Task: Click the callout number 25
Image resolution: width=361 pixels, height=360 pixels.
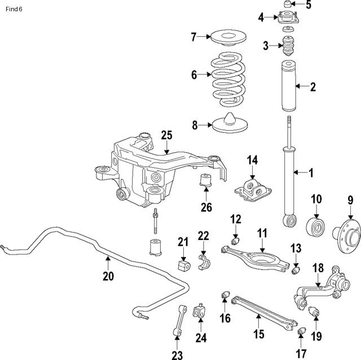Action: [166, 135]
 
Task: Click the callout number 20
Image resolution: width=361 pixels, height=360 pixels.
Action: [108, 275]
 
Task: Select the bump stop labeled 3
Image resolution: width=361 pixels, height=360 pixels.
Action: [289, 46]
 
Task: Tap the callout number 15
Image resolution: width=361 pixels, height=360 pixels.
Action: [258, 334]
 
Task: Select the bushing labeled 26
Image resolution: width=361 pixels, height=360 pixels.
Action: [206, 184]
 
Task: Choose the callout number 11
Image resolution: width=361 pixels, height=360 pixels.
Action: [262, 232]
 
